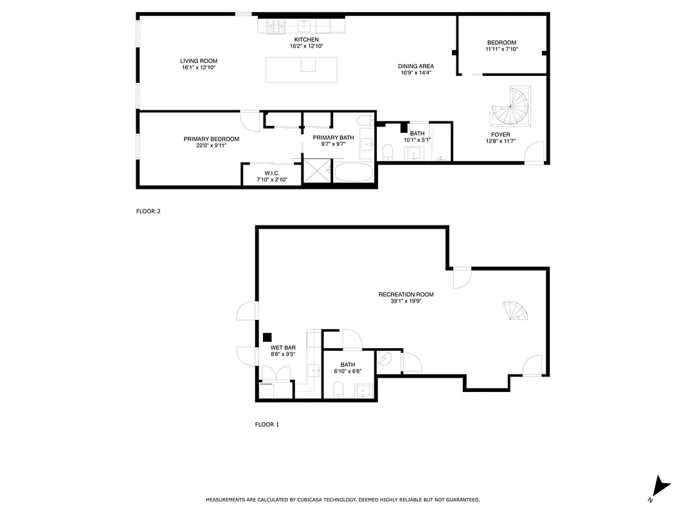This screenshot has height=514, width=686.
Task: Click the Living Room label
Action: [x=199, y=61]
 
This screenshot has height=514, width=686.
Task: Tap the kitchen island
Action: [x=302, y=69]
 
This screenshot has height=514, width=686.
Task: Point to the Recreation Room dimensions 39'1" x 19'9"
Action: [x=406, y=301]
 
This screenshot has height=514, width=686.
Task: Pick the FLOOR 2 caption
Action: [x=148, y=211]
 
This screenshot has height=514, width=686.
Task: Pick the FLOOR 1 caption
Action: [x=267, y=424]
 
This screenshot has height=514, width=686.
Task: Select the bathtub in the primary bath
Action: [x=353, y=173]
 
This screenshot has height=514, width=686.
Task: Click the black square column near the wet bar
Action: [x=267, y=337]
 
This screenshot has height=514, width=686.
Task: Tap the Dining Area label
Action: [x=416, y=66]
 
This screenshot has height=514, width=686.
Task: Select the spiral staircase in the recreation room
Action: [x=516, y=311]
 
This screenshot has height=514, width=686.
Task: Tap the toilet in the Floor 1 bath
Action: [x=338, y=389]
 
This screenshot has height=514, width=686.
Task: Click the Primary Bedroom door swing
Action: [x=249, y=120]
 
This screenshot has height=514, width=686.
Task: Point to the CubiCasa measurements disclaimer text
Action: [x=343, y=499]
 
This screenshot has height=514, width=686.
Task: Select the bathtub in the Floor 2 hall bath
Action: [x=442, y=143]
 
